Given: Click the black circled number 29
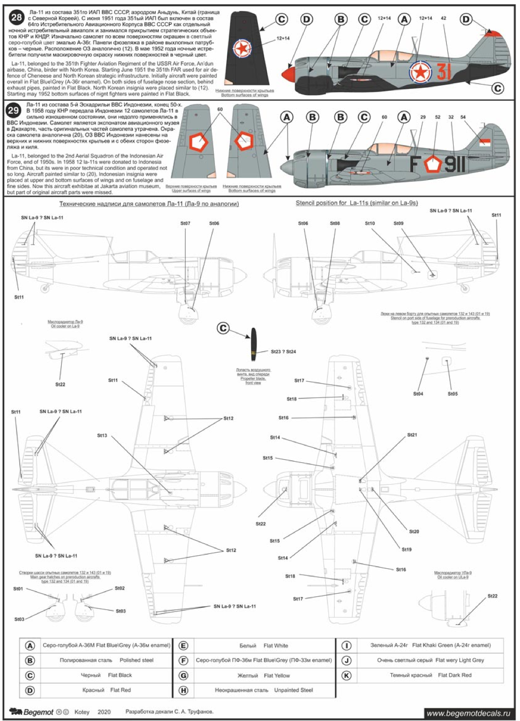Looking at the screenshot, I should (x=13, y=110).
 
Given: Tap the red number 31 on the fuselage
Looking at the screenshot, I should (x=444, y=72).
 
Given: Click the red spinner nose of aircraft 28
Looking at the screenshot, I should (x=286, y=74).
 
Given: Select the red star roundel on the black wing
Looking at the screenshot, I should (x=241, y=49).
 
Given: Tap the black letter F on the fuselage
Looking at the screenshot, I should (x=415, y=164).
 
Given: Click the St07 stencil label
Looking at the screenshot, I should (x=185, y=223).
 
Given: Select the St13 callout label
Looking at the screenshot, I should (x=102, y=435).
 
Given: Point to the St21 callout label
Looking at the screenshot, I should (x=412, y=435).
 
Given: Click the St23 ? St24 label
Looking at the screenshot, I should (x=283, y=352).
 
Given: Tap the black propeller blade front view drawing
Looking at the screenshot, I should (x=253, y=344).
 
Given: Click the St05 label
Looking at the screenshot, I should (x=453, y=394).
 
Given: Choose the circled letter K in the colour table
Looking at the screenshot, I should (x=346, y=675).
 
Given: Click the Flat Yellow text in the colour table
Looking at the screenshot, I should (x=277, y=675).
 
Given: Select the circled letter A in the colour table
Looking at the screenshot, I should (x=30, y=645).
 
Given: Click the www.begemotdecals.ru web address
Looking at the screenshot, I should (x=468, y=713).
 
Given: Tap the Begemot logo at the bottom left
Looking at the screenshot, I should (x=32, y=712).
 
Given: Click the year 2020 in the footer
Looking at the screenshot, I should (x=104, y=712).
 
